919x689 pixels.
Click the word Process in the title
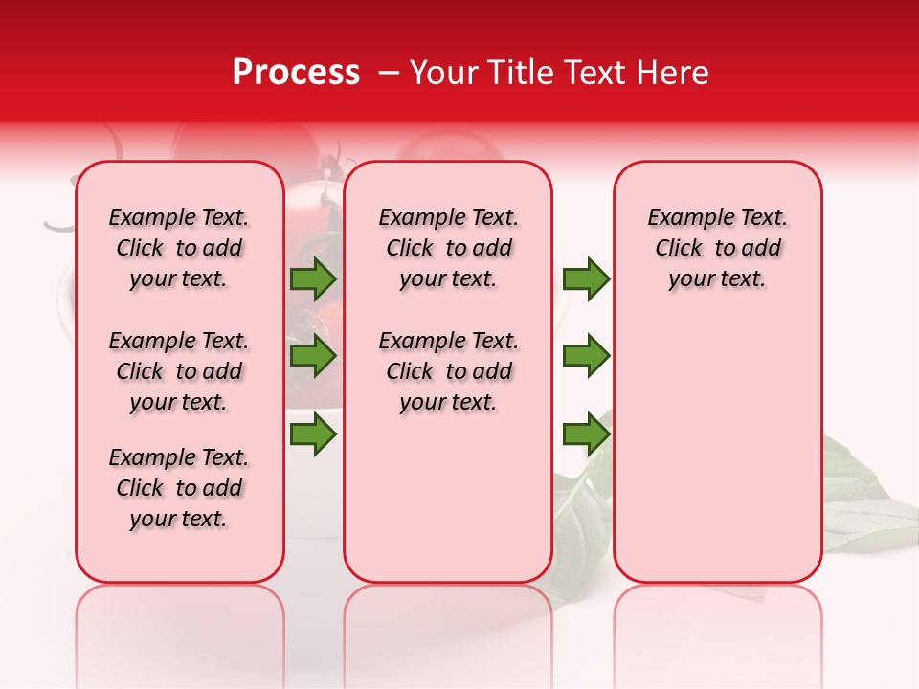[x=296, y=73]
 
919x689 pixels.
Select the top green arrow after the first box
[x=313, y=278]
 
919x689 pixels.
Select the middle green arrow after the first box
[x=313, y=356]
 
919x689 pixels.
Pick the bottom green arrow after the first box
[x=313, y=435]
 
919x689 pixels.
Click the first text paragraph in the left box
[x=179, y=248]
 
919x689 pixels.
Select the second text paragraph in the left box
[x=179, y=371]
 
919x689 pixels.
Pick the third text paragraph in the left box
[x=179, y=488]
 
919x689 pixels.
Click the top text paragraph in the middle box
[x=448, y=248]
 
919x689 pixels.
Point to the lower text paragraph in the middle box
[x=448, y=371]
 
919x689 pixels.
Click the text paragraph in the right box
[x=718, y=248]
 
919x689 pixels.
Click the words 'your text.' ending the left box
[x=179, y=519]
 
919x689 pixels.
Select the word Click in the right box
[x=679, y=249]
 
